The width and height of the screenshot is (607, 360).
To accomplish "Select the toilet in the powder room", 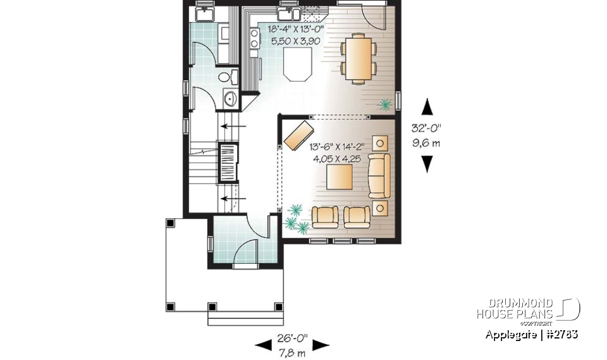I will coord(226,77).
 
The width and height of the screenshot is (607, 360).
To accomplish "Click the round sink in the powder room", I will coord(230,98).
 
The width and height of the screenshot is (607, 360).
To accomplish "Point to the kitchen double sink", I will coord(289,13).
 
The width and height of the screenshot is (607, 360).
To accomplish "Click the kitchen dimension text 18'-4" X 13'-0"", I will coord(296,29).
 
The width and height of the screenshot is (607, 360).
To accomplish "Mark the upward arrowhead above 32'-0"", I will coord(428,106).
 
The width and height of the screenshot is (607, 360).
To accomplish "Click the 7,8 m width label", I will coord(291,352).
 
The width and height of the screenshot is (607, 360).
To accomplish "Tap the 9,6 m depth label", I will coord(427,143).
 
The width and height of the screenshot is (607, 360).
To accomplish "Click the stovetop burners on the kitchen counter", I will coord(255,39).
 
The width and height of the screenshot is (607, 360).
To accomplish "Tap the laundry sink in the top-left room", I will coord(205,14).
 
